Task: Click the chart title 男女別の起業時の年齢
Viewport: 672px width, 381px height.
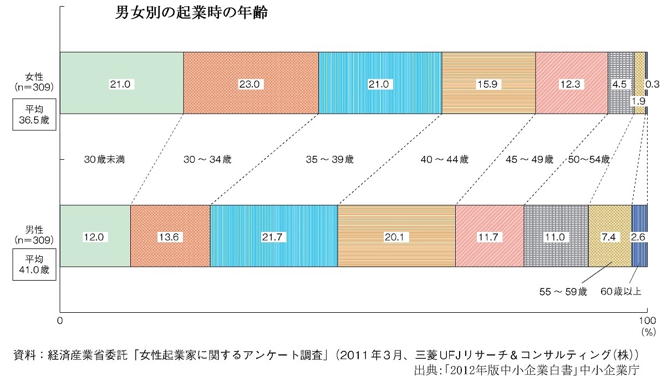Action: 191,14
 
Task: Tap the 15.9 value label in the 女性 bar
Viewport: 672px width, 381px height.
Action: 488,84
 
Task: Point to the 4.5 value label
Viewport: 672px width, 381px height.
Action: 619,85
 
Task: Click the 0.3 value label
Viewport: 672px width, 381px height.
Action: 652,85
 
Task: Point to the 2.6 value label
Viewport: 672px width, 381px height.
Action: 638,237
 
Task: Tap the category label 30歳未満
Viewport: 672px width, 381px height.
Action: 104,159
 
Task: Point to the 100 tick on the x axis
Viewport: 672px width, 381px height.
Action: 647,320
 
